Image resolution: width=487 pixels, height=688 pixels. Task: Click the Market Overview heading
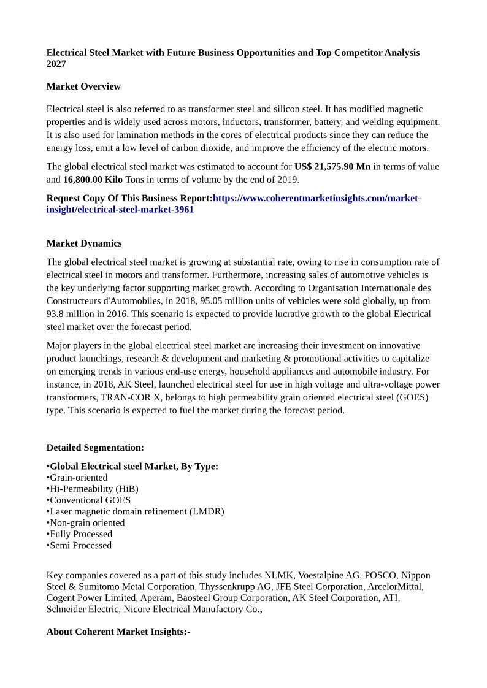point(83,86)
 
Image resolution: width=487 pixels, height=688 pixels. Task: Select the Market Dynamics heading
point(84,243)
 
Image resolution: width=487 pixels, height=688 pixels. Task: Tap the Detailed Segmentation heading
point(95,448)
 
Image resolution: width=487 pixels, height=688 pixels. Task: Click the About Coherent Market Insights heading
point(118,632)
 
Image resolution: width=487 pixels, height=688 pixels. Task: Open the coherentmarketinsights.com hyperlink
point(316,199)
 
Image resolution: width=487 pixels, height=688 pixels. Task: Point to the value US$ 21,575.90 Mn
point(332,167)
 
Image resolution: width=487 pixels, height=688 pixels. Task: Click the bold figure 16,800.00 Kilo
point(93,180)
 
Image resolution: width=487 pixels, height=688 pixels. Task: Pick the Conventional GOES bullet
point(90,500)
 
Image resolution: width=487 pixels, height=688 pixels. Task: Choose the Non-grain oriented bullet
point(87,523)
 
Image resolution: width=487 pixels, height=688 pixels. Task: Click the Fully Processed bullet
point(81,534)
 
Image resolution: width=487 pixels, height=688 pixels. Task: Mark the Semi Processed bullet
point(80,545)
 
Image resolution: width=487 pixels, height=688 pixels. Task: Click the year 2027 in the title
point(56,64)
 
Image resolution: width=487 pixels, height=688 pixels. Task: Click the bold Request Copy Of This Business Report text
point(129,199)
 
